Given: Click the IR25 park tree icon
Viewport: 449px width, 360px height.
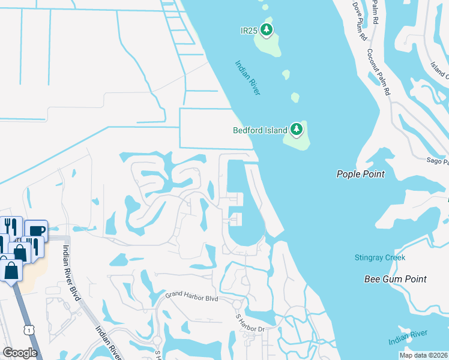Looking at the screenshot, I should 267,29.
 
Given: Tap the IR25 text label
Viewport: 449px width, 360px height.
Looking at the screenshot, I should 249,30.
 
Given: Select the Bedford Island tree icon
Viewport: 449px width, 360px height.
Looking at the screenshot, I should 296,129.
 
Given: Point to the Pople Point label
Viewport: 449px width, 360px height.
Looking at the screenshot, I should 360,174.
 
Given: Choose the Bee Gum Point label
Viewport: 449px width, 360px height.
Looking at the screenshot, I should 396,279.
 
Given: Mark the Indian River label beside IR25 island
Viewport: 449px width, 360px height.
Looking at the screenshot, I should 247,77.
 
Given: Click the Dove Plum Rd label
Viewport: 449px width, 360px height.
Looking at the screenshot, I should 359,22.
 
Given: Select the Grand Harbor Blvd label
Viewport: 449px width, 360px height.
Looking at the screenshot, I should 191,296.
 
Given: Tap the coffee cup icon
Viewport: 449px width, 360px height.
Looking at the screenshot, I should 36,230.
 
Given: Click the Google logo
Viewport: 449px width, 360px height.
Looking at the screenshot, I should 20,352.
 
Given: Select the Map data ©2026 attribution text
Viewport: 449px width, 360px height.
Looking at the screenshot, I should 424,355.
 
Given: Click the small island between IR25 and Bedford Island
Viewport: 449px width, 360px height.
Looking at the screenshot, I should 295,97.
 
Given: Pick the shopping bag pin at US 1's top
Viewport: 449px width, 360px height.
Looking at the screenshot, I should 11,271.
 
